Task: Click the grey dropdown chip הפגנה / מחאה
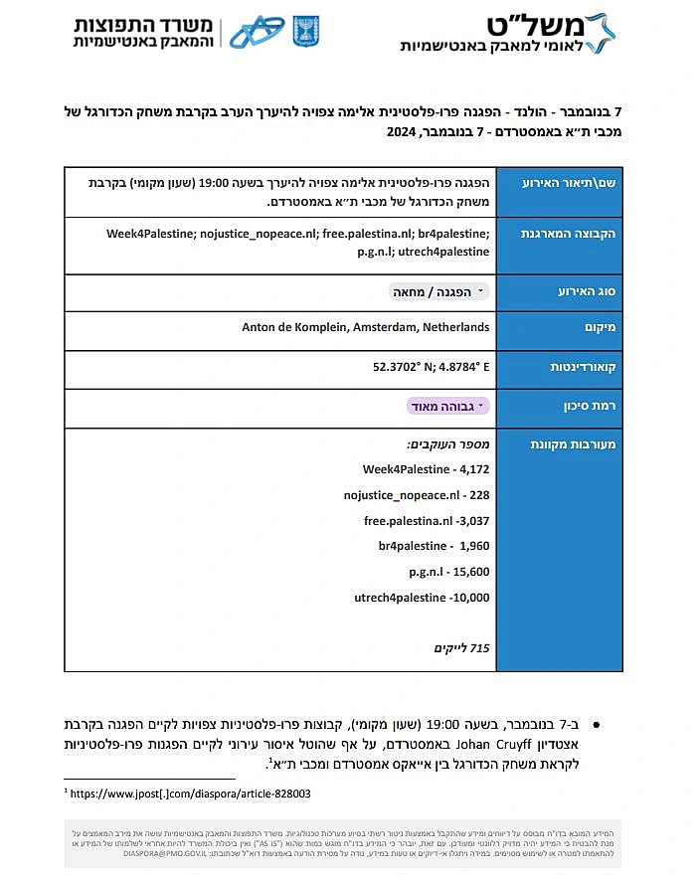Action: tap(438, 291)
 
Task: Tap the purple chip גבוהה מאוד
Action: tap(448, 406)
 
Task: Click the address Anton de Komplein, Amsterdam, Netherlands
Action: tap(365, 327)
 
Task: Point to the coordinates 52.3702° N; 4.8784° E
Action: tap(431, 367)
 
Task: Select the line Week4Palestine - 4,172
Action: tap(426, 468)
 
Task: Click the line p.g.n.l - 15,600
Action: tap(448, 572)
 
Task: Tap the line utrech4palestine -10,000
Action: tap(422, 598)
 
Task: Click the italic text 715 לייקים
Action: tap(461, 648)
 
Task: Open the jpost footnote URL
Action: tap(190, 794)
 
